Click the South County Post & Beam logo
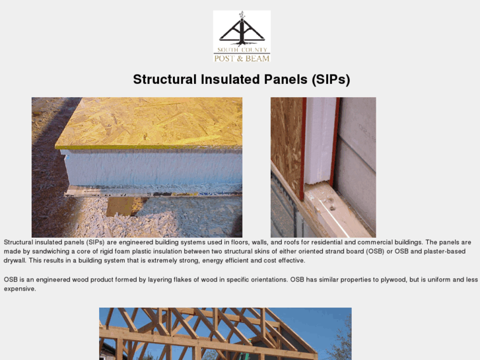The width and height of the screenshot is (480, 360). [242, 36]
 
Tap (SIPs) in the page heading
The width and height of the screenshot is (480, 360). [329, 79]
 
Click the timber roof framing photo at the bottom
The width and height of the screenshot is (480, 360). [225, 334]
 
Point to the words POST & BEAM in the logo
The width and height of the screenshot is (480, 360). [242, 58]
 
